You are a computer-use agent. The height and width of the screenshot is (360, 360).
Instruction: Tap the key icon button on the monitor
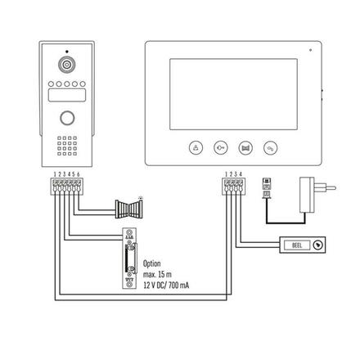(x=220, y=148)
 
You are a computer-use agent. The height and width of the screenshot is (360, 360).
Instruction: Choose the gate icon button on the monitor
(x=245, y=148)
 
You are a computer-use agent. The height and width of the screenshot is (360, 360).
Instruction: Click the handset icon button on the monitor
(x=270, y=148)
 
